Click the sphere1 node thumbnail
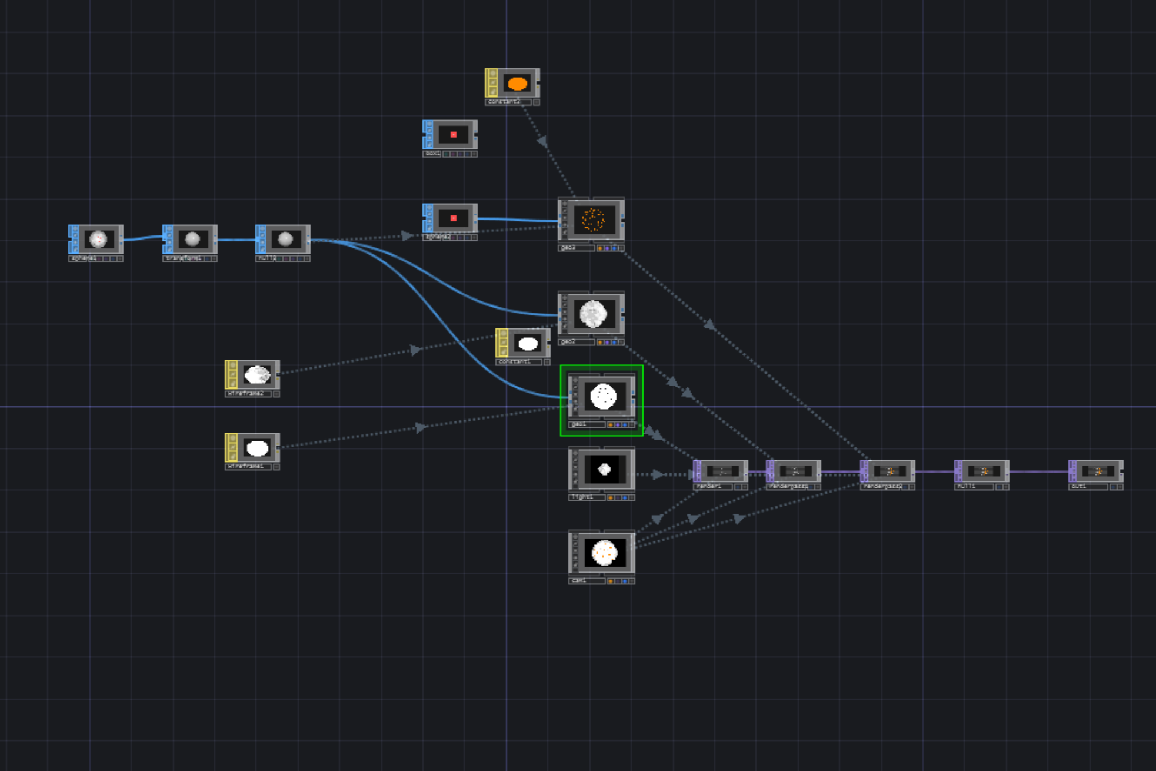click(x=98, y=239)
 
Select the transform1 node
click(x=192, y=239)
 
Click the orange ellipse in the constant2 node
click(x=517, y=84)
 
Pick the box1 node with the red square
click(x=452, y=135)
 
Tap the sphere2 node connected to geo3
click(x=452, y=218)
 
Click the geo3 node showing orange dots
click(x=592, y=220)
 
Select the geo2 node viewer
click(x=592, y=314)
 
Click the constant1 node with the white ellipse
click(x=527, y=344)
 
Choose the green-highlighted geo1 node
click(x=603, y=397)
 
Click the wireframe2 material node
click(x=256, y=375)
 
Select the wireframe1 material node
click(x=256, y=448)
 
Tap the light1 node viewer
click(x=604, y=470)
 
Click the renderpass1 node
click(x=795, y=471)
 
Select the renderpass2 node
click(x=889, y=471)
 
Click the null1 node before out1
click(x=982, y=471)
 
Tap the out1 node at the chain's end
click(x=1097, y=471)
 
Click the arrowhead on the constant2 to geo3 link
click(x=542, y=141)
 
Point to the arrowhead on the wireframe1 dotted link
click(x=420, y=428)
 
